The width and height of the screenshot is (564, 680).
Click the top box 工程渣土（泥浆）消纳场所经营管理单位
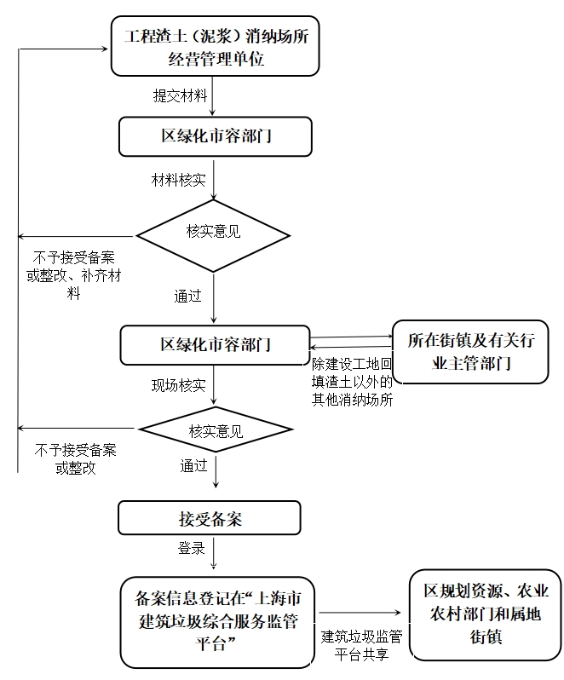coord(215,48)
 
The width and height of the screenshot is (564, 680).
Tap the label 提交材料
coord(180,95)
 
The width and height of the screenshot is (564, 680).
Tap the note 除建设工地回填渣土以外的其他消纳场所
coord(353,382)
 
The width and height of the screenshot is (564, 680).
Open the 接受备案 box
coord(210,518)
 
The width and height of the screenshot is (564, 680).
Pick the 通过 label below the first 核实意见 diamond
coord(188,297)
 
